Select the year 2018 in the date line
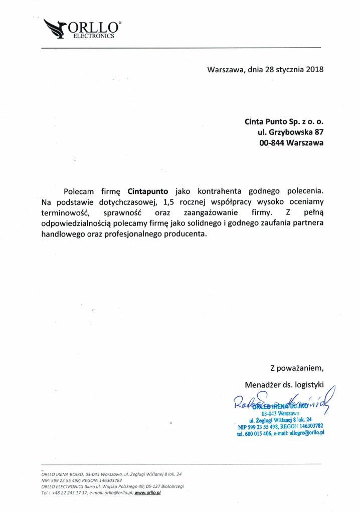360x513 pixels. coord(314,70)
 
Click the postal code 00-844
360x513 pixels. coord(273,142)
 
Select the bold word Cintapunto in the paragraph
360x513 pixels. coord(148,191)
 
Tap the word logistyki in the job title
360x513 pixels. coord(308,385)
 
